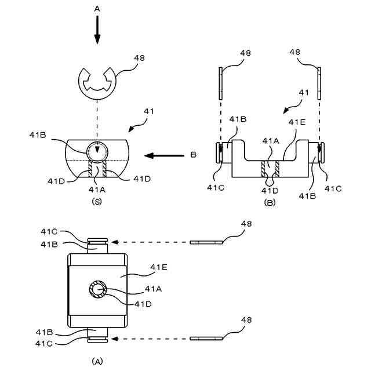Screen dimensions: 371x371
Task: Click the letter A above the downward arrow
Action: (97, 9)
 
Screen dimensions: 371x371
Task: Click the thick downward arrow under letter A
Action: (97, 30)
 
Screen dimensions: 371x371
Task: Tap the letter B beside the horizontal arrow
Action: (193, 155)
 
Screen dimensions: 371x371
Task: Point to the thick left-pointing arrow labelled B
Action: (164, 155)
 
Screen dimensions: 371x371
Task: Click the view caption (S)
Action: (97, 201)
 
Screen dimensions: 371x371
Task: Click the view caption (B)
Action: (270, 202)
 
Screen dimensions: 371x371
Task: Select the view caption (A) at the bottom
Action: (97, 361)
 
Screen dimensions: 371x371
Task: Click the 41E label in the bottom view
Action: (159, 267)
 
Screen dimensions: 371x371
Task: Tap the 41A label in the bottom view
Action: (153, 289)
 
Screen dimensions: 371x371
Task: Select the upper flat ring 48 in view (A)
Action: (206, 242)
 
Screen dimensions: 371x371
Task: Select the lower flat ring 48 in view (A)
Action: (206, 339)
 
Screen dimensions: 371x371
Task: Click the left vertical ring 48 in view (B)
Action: (220, 83)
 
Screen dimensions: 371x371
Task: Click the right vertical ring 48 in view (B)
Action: (319, 83)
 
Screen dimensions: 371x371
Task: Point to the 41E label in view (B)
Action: (297, 122)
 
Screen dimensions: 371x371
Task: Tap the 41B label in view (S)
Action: (38, 135)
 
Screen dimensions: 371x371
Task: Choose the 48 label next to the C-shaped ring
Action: (139, 58)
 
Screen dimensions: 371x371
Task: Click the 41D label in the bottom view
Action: (143, 304)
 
